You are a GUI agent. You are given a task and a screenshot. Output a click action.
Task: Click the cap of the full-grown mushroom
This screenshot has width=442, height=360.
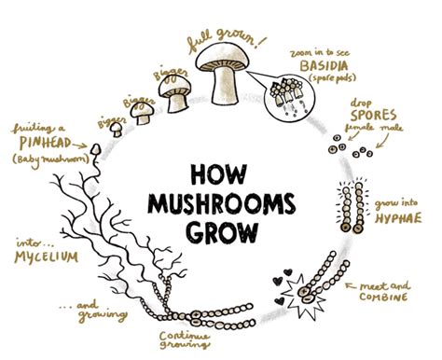click(x=227, y=55)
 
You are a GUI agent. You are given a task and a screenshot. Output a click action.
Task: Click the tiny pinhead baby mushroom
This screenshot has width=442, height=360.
click(x=95, y=148)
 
